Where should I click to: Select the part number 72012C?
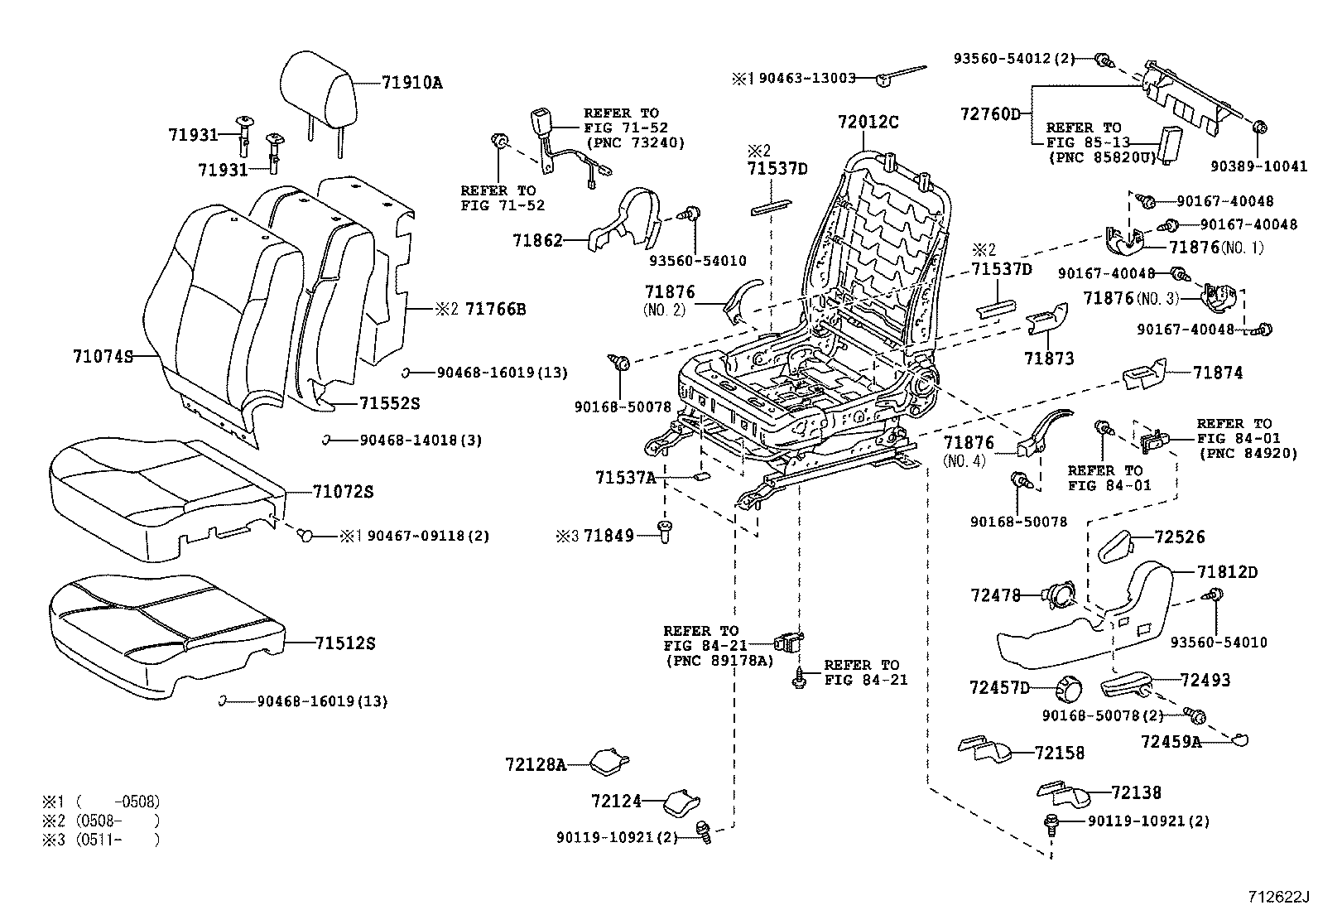[x=867, y=123]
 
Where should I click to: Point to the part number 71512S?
[x=344, y=643]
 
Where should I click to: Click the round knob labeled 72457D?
[x=1070, y=688]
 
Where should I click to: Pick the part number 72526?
[x=1180, y=537]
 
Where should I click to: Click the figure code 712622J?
[x=1280, y=897]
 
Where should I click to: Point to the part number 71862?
[x=537, y=241]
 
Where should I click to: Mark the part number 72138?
[x=1136, y=792]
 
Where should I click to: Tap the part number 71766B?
[x=495, y=310]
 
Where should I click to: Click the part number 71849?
[x=608, y=536]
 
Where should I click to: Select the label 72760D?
[x=990, y=113]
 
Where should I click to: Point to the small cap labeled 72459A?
[x=1239, y=740]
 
